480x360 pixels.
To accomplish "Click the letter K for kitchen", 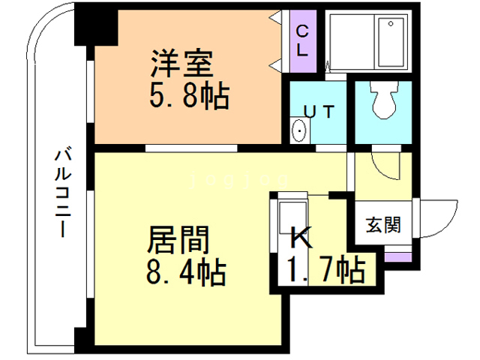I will (x=299, y=239).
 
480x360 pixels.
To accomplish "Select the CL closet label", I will (x=302, y=41).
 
